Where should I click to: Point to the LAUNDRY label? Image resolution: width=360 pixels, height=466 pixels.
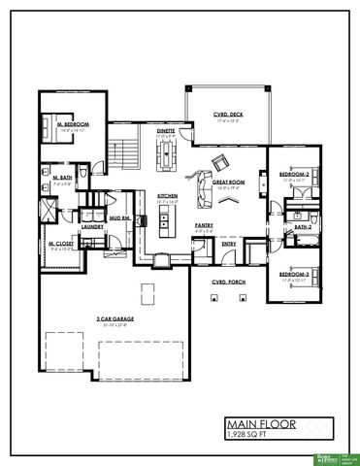point(93,226)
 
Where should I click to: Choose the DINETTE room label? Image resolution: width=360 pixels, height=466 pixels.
point(165,130)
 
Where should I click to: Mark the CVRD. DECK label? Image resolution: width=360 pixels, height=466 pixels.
point(228,116)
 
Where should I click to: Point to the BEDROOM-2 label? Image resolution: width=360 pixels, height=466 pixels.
point(294,175)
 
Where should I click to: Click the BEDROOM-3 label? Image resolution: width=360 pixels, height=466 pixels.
point(294,275)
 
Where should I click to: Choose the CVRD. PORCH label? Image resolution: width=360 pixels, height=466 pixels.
point(228,282)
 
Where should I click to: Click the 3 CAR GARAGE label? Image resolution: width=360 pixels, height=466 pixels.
point(115,318)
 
